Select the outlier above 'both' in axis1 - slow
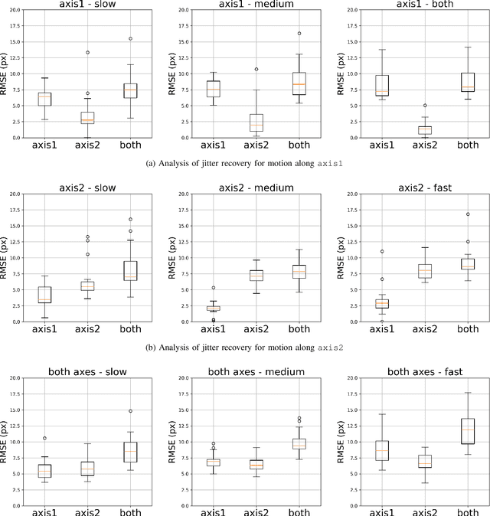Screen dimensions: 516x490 point(130,38)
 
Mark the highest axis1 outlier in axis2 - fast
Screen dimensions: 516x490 point(382,251)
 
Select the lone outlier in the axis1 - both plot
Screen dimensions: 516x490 point(426,106)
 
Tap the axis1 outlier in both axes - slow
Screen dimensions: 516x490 point(44,439)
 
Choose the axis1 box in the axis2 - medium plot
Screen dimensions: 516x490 point(214,308)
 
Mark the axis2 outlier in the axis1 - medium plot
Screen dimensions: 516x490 point(256,69)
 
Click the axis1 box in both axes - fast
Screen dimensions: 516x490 point(382,450)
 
